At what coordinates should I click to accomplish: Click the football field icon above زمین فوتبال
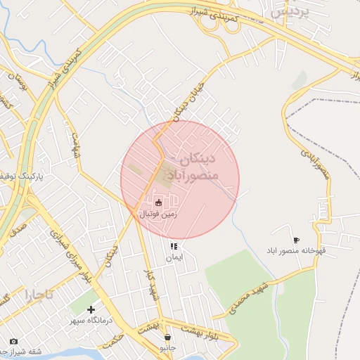(157, 202)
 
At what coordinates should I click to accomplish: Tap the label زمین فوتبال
(158, 212)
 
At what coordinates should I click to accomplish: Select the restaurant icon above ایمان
(174, 247)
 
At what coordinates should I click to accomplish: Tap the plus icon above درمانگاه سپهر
(91, 309)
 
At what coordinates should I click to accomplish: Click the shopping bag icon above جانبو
(167, 336)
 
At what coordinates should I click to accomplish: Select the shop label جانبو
(167, 347)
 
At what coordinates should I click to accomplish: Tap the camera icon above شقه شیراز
(13, 342)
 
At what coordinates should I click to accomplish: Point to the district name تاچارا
(37, 293)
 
